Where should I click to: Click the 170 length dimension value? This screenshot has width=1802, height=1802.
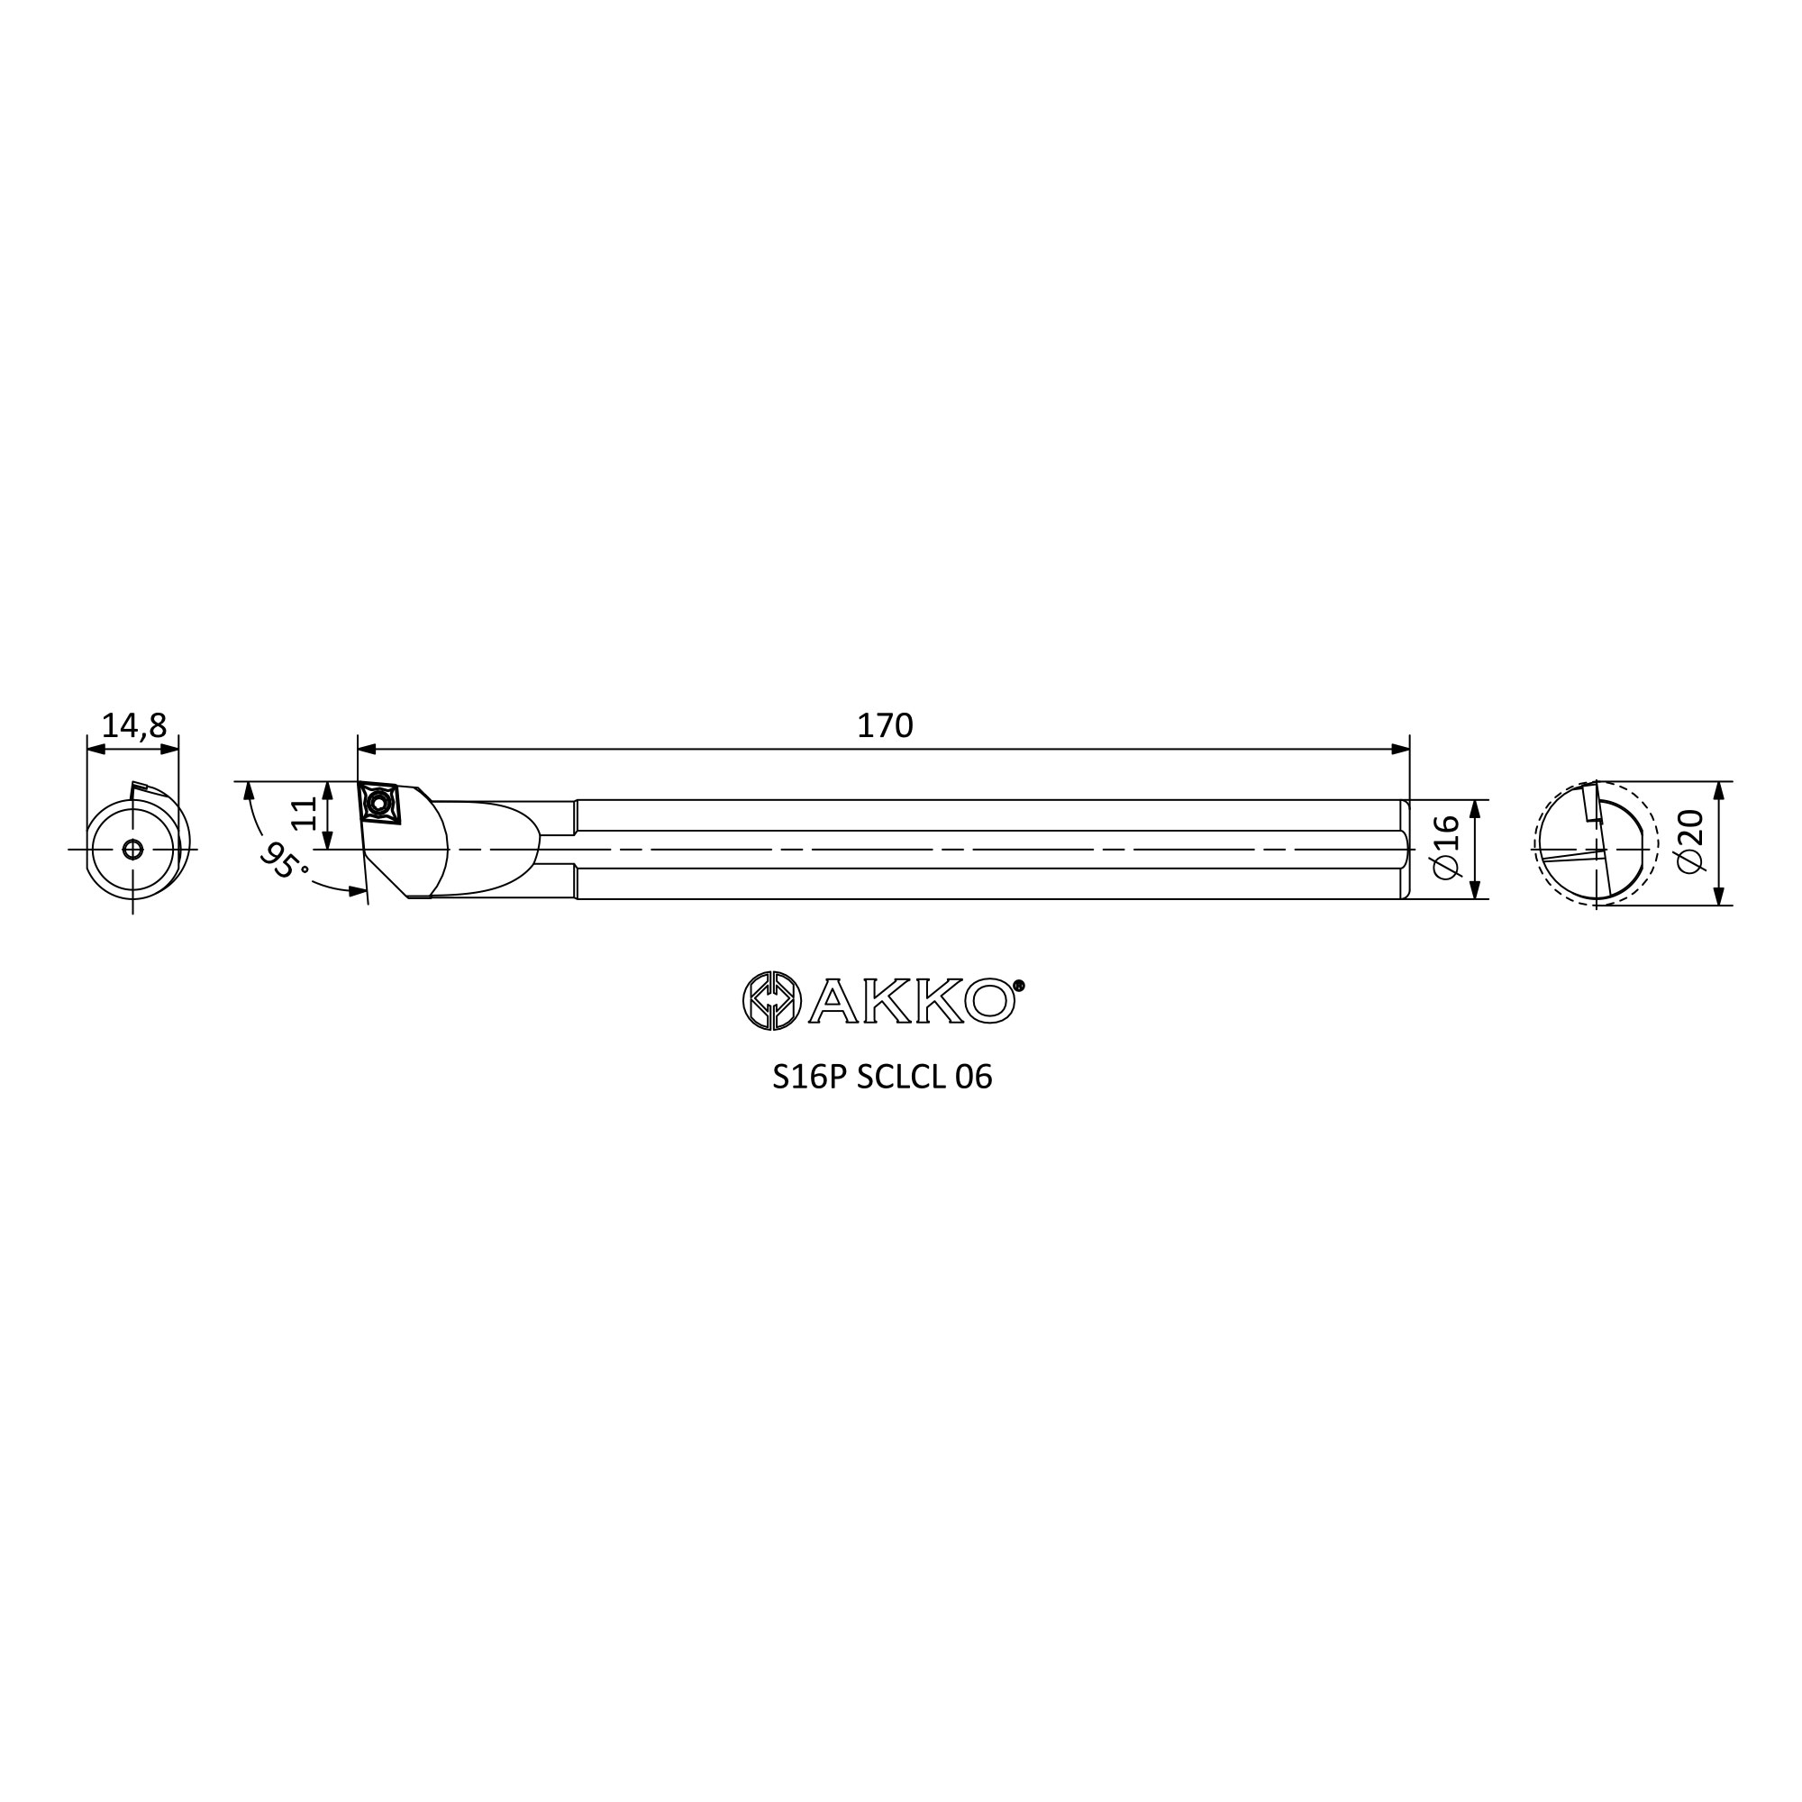point(884,725)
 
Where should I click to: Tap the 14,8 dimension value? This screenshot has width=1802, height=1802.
point(133,725)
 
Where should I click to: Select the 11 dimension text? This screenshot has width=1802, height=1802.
point(304,814)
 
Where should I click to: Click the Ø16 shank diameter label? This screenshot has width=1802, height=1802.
point(1445,846)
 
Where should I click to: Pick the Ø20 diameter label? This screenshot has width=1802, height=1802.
point(1690,842)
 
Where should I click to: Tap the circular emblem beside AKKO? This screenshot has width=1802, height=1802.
point(771,1001)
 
